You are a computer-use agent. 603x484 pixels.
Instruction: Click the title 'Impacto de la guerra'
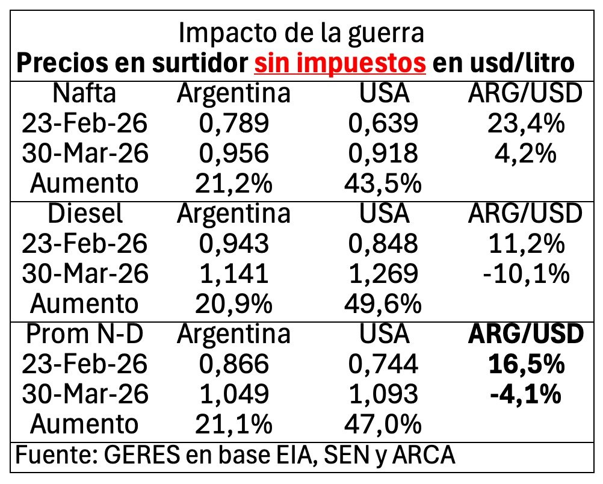301,33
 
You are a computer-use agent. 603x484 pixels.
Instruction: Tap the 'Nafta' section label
84,94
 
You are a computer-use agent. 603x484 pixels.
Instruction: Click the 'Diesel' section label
84,213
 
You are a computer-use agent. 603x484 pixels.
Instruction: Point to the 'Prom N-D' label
84,334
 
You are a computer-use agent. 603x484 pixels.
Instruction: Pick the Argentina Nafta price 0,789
233,124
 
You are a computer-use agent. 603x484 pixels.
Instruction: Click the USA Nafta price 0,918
383,154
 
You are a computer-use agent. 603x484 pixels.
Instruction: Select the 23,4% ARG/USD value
526,124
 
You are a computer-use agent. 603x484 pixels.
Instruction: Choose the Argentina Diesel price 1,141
233,273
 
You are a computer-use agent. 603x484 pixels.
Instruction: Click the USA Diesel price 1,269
383,273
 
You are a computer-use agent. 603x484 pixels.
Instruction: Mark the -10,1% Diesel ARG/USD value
526,273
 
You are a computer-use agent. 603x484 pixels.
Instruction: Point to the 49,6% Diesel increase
383,303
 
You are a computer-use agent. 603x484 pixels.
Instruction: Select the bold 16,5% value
526,364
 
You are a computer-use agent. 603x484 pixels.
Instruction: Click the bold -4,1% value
526,394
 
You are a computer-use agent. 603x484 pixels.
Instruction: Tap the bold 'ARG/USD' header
526,334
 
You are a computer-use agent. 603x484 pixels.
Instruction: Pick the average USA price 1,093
383,394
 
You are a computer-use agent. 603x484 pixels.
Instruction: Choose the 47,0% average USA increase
383,424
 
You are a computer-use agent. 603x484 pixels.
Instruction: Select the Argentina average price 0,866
233,364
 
